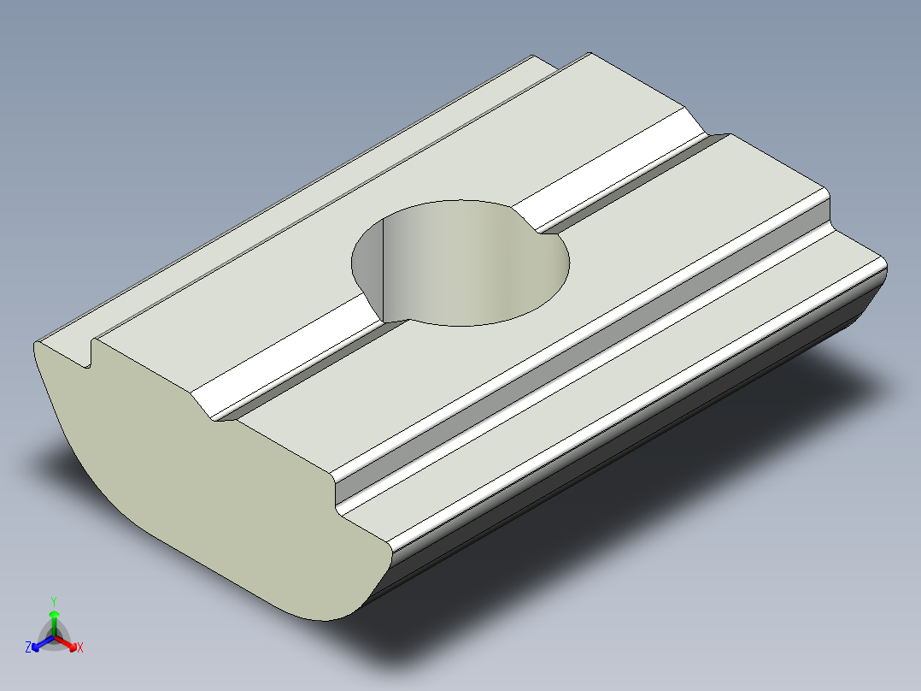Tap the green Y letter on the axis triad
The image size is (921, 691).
point(53,600)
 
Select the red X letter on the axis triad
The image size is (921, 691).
point(79,647)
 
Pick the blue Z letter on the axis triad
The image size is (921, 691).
point(28,647)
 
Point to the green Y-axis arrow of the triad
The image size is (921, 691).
point(53,618)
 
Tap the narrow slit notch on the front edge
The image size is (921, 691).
point(89,354)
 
